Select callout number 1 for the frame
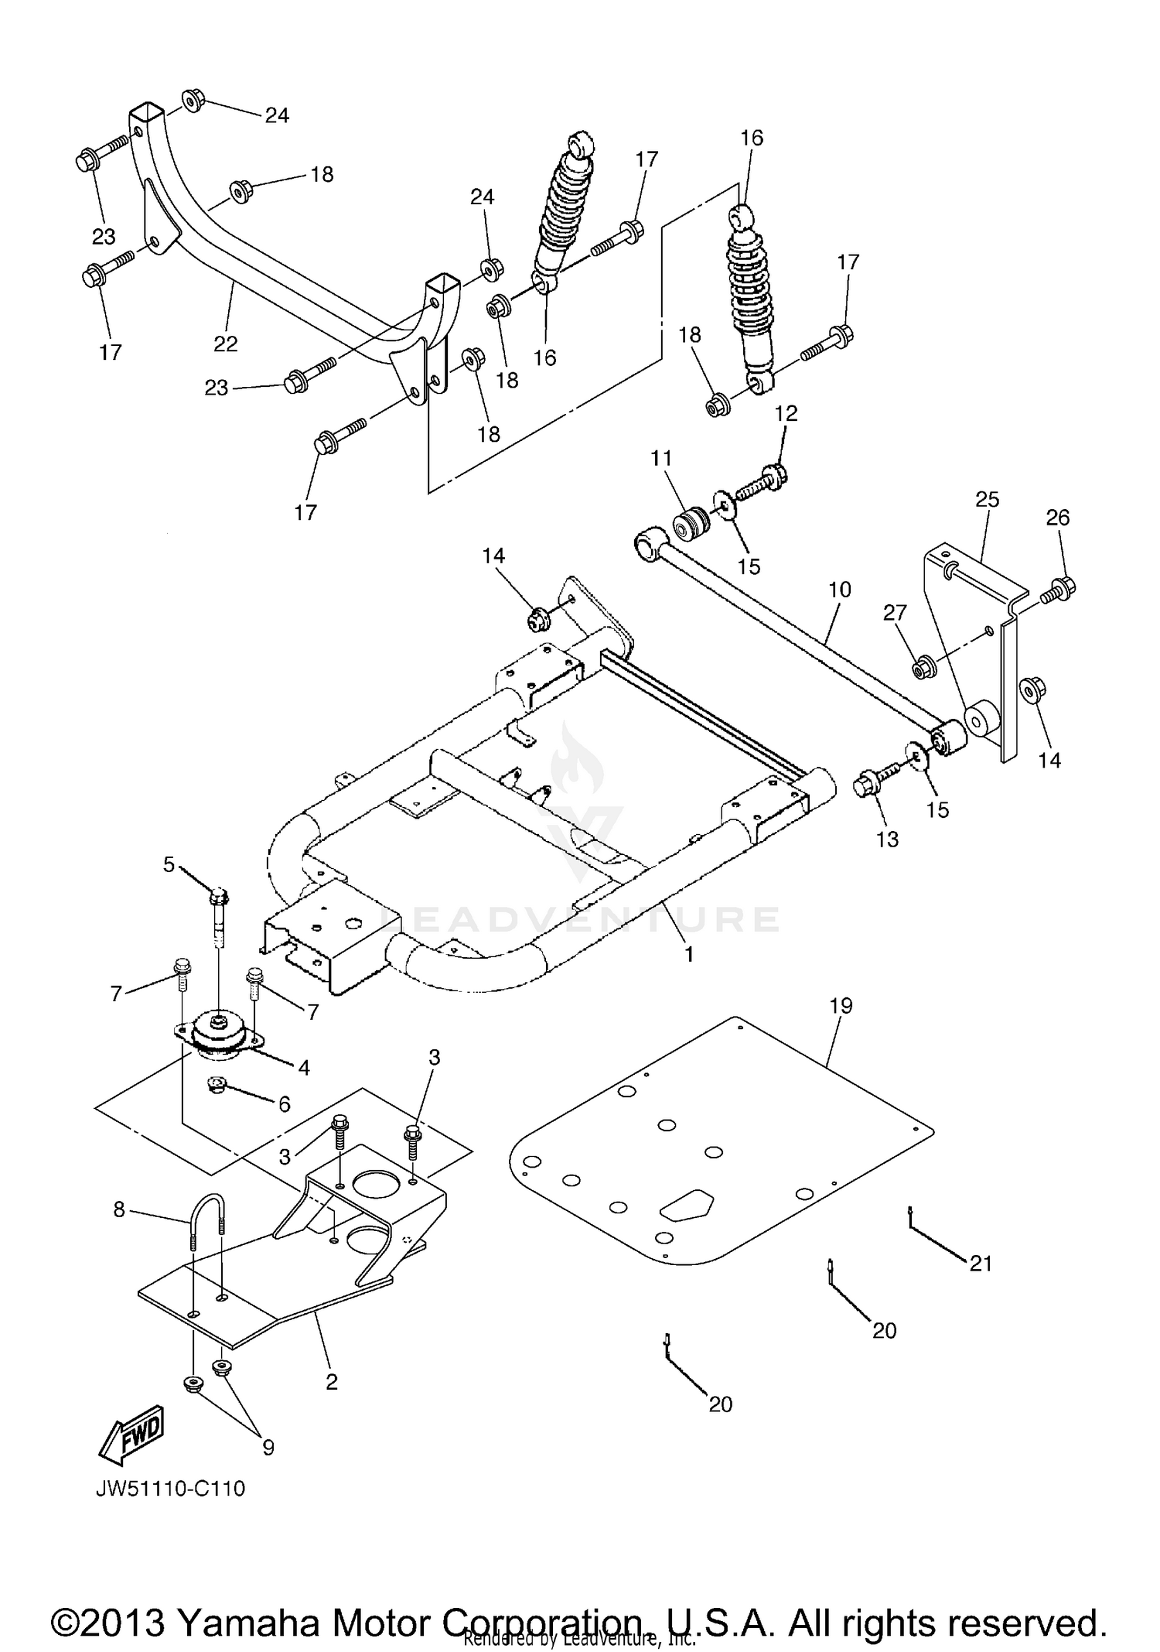(688, 955)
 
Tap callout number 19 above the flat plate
(841, 1006)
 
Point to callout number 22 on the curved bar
(226, 344)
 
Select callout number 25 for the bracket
(987, 500)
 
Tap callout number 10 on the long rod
(839, 590)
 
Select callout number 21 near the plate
(981, 1264)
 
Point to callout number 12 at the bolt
(786, 413)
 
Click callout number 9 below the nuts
(268, 1447)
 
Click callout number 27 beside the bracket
(895, 614)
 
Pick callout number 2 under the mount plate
(332, 1381)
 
